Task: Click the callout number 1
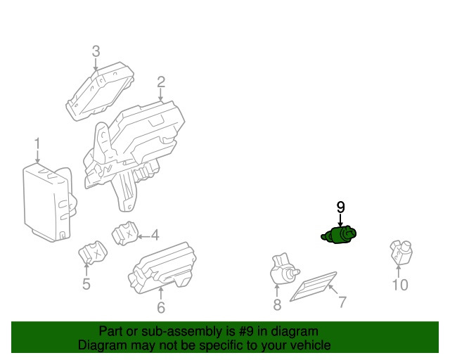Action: point(37,144)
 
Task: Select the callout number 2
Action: point(161,82)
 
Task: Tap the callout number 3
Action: point(96,51)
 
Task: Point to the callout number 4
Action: point(155,236)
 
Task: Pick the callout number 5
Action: point(86,284)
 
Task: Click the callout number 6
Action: point(161,307)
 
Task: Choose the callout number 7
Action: point(342,302)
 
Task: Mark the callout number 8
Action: point(277,304)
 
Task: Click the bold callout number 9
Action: point(340,207)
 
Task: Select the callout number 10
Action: point(400,285)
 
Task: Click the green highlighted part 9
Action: point(339,235)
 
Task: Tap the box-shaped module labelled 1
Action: point(49,202)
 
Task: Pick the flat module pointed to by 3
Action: point(100,91)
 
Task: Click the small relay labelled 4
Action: point(125,233)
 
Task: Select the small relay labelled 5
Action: point(92,252)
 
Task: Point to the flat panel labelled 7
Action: point(313,286)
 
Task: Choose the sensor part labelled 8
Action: point(285,269)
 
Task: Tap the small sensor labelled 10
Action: point(401,252)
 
